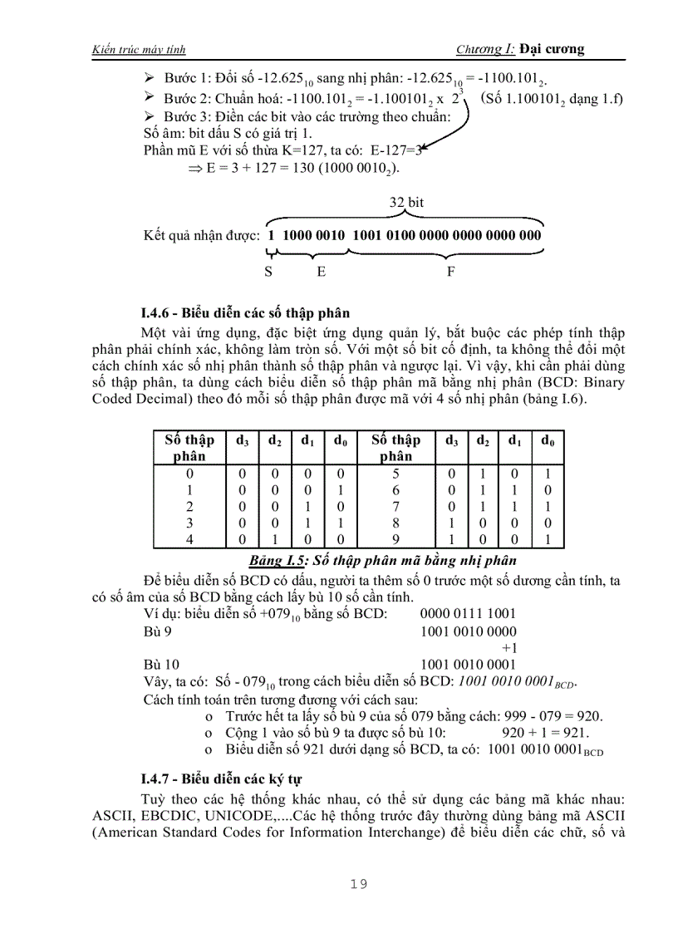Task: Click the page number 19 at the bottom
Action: tap(358, 884)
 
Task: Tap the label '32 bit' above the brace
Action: tap(406, 203)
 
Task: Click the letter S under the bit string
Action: tap(268, 271)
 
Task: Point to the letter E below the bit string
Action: tap(322, 271)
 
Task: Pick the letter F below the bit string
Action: tap(451, 271)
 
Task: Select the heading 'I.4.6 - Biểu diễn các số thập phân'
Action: tap(245, 313)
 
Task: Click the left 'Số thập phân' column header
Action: tap(189, 448)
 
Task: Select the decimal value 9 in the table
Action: tap(395, 540)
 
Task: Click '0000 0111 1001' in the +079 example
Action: tap(468, 616)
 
